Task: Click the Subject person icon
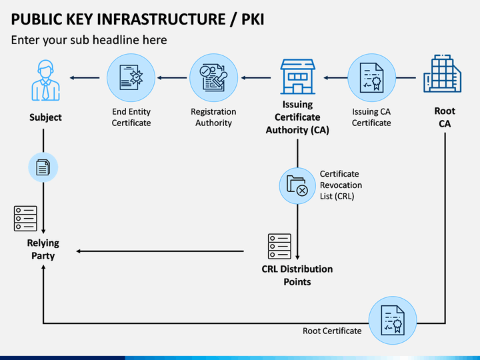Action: click(x=45, y=80)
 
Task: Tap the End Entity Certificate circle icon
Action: click(x=131, y=78)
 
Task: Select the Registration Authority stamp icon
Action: click(x=214, y=78)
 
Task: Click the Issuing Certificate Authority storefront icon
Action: click(x=297, y=77)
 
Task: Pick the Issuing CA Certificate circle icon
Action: click(x=371, y=78)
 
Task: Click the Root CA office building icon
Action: click(x=443, y=73)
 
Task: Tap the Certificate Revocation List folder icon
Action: click(x=297, y=186)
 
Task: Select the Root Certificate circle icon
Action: click(x=393, y=321)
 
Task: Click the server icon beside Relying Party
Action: click(x=25, y=219)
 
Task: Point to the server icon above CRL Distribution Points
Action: click(x=279, y=247)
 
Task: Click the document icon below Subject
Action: click(x=43, y=167)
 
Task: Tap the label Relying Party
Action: click(x=43, y=249)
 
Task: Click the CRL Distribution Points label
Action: click(x=297, y=275)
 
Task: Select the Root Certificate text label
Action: click(x=332, y=331)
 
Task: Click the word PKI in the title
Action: click(x=253, y=19)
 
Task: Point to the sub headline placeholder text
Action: click(x=89, y=40)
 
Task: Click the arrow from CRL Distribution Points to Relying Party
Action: click(x=160, y=251)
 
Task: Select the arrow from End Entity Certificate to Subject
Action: click(x=85, y=78)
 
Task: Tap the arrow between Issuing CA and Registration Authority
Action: click(x=256, y=78)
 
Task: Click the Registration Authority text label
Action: click(x=214, y=117)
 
